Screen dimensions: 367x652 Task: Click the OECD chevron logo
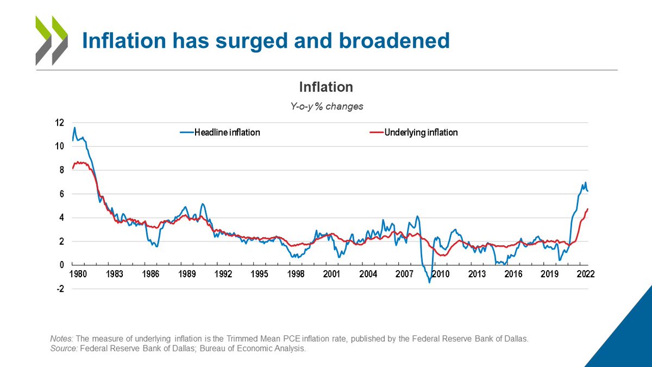point(51,40)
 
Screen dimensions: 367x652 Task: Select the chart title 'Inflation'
point(326,87)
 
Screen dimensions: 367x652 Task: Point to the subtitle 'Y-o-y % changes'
point(326,107)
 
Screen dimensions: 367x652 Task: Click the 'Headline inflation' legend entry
point(220,132)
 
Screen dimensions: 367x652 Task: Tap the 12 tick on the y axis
point(60,123)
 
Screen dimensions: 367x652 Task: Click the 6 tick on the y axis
point(61,194)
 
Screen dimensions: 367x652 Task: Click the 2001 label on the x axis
point(332,274)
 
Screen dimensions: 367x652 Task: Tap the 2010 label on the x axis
point(440,274)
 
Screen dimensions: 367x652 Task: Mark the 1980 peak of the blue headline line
point(75,128)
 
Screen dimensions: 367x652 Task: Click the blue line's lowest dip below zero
point(429,282)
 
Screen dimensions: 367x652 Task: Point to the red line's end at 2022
point(588,209)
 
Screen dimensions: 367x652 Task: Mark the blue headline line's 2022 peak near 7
point(585,183)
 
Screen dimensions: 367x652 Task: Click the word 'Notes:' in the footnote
point(61,339)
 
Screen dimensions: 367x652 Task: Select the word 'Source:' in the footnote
point(64,349)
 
